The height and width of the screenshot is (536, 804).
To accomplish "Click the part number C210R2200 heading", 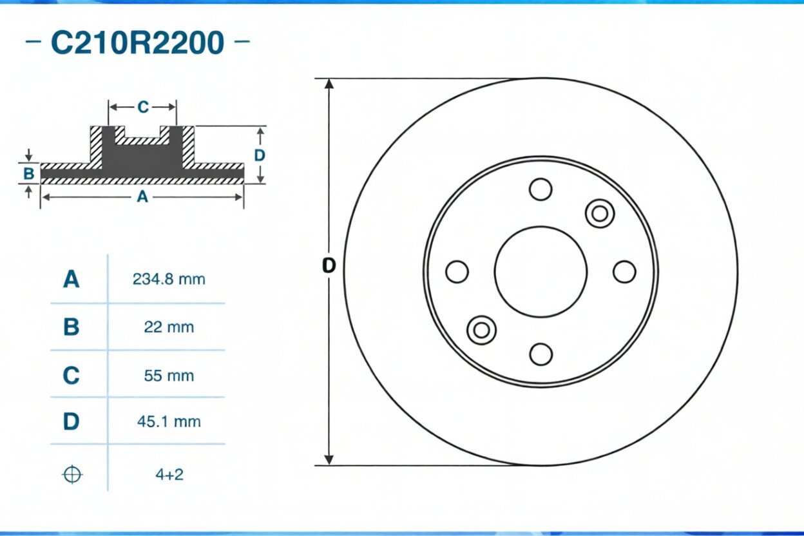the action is [138, 43].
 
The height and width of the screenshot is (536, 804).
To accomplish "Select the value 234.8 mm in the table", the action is [169, 280].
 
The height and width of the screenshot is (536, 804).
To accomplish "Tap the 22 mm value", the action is [169, 327].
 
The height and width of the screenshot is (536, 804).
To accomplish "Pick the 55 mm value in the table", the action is [169, 376].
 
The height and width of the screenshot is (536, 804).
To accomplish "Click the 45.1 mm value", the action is [169, 421].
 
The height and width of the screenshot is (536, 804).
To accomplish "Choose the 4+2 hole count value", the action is [169, 475].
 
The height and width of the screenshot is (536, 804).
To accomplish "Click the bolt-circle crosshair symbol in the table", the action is [72, 475].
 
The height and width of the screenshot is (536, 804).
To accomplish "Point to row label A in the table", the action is [71, 279].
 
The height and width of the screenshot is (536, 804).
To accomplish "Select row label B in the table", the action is [71, 327].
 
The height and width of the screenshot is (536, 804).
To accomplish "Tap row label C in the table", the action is [71, 375].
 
